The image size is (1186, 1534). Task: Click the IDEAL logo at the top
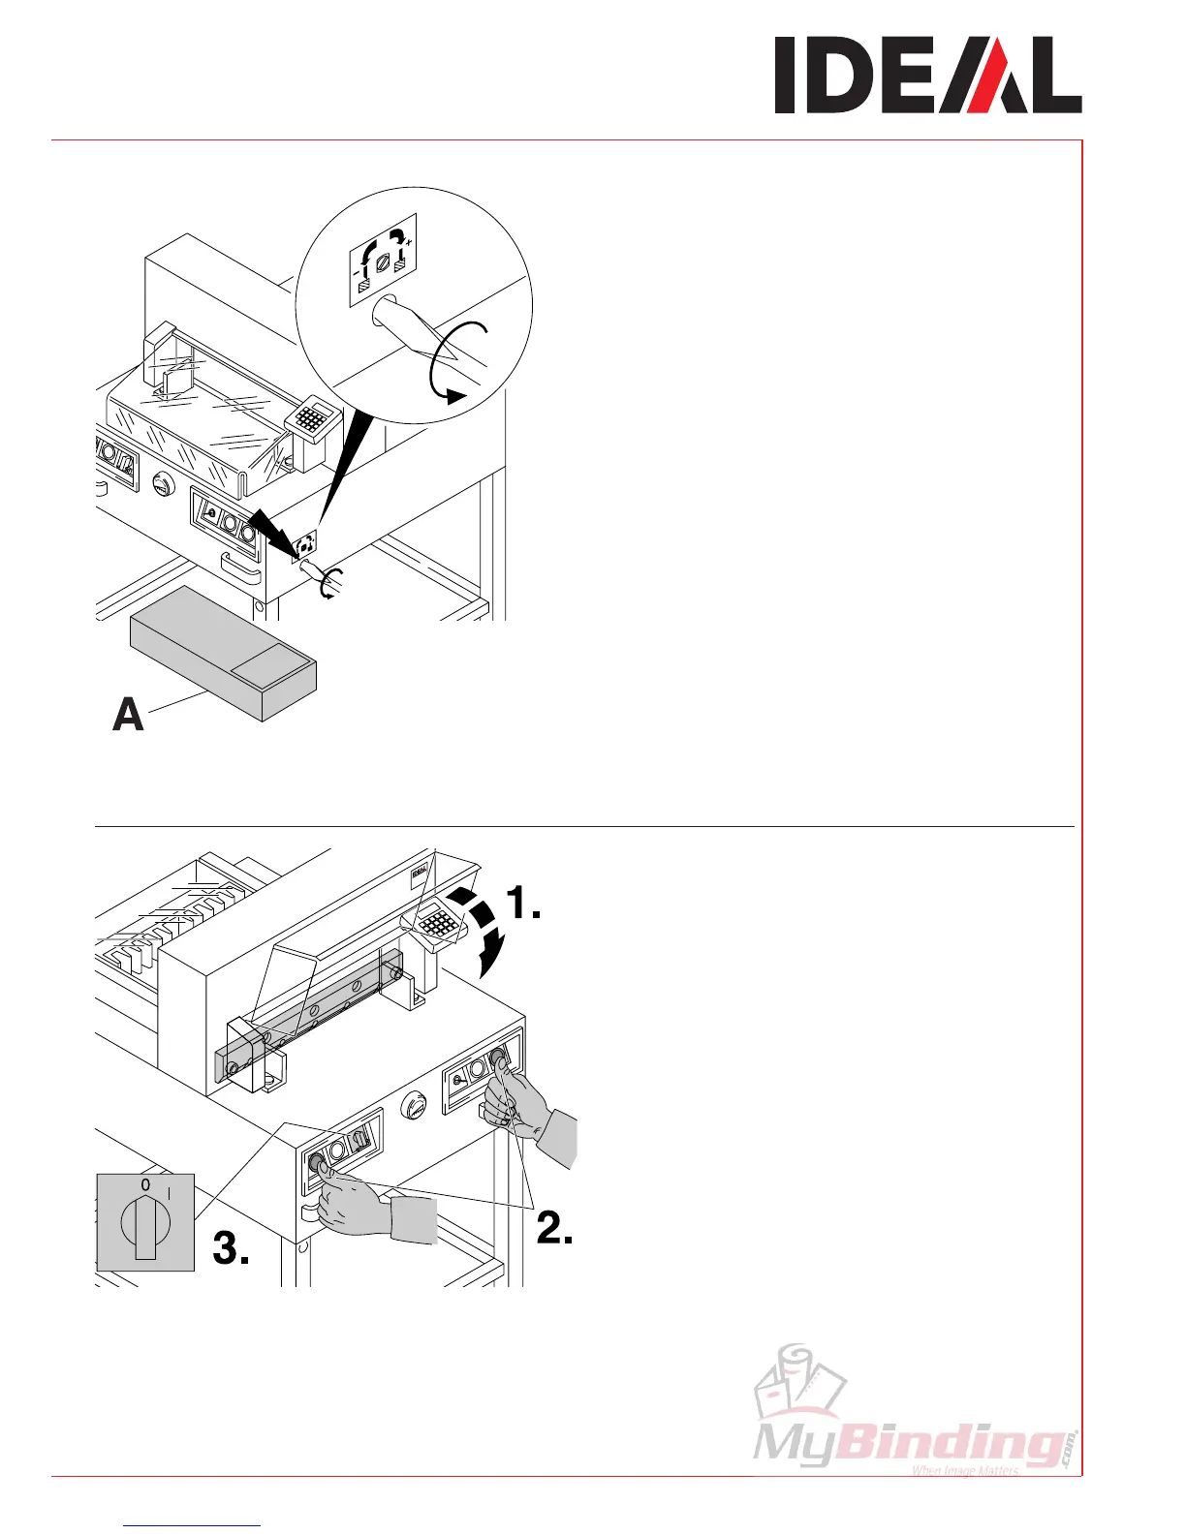tap(927, 76)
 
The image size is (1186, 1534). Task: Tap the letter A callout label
tap(129, 715)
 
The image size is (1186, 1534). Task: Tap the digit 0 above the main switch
tap(144, 1184)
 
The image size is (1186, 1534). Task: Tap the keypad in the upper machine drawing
tap(311, 419)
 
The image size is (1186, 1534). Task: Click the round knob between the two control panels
tap(415, 1105)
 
